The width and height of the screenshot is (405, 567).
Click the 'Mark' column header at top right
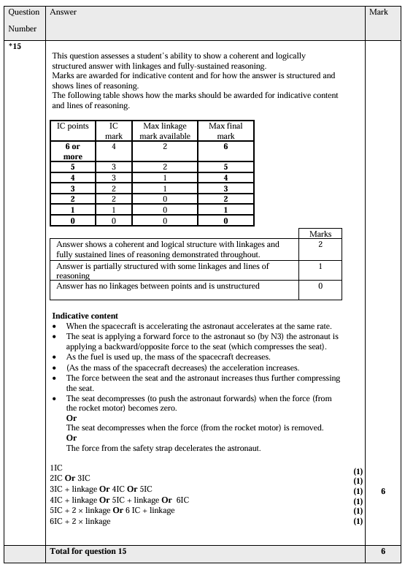pos(379,13)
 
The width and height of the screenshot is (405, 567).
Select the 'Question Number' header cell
pos(23,22)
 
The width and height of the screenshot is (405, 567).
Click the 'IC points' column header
pos(73,126)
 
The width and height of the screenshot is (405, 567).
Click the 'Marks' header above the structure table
pos(320,234)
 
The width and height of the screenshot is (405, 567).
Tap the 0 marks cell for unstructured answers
pos(320,286)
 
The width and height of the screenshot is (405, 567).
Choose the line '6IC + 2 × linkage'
pos(80,521)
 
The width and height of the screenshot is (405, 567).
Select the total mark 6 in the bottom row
pos(383,551)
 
